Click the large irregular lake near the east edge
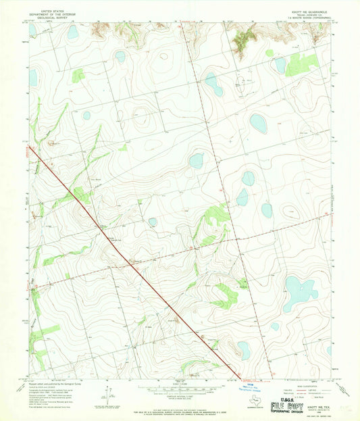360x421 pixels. pyautogui.click(x=298, y=291)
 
